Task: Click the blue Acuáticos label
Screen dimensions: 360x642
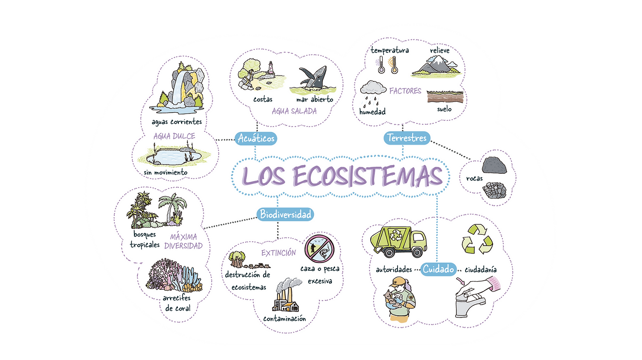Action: click(256, 138)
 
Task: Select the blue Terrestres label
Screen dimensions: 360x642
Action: click(407, 138)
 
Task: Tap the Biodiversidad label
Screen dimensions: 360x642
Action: click(285, 214)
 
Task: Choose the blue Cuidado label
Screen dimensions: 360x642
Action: click(438, 269)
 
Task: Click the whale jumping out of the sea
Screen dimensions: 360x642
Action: click(314, 79)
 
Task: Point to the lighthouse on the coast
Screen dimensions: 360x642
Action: click(271, 68)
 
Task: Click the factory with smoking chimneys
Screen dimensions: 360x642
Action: click(286, 297)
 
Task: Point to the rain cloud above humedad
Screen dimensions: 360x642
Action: click(373, 88)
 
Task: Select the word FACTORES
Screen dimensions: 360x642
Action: click(405, 91)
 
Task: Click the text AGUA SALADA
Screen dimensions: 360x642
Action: click(294, 111)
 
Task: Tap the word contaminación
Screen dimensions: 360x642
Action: click(284, 319)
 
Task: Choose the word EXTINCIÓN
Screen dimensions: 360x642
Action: click(278, 253)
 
